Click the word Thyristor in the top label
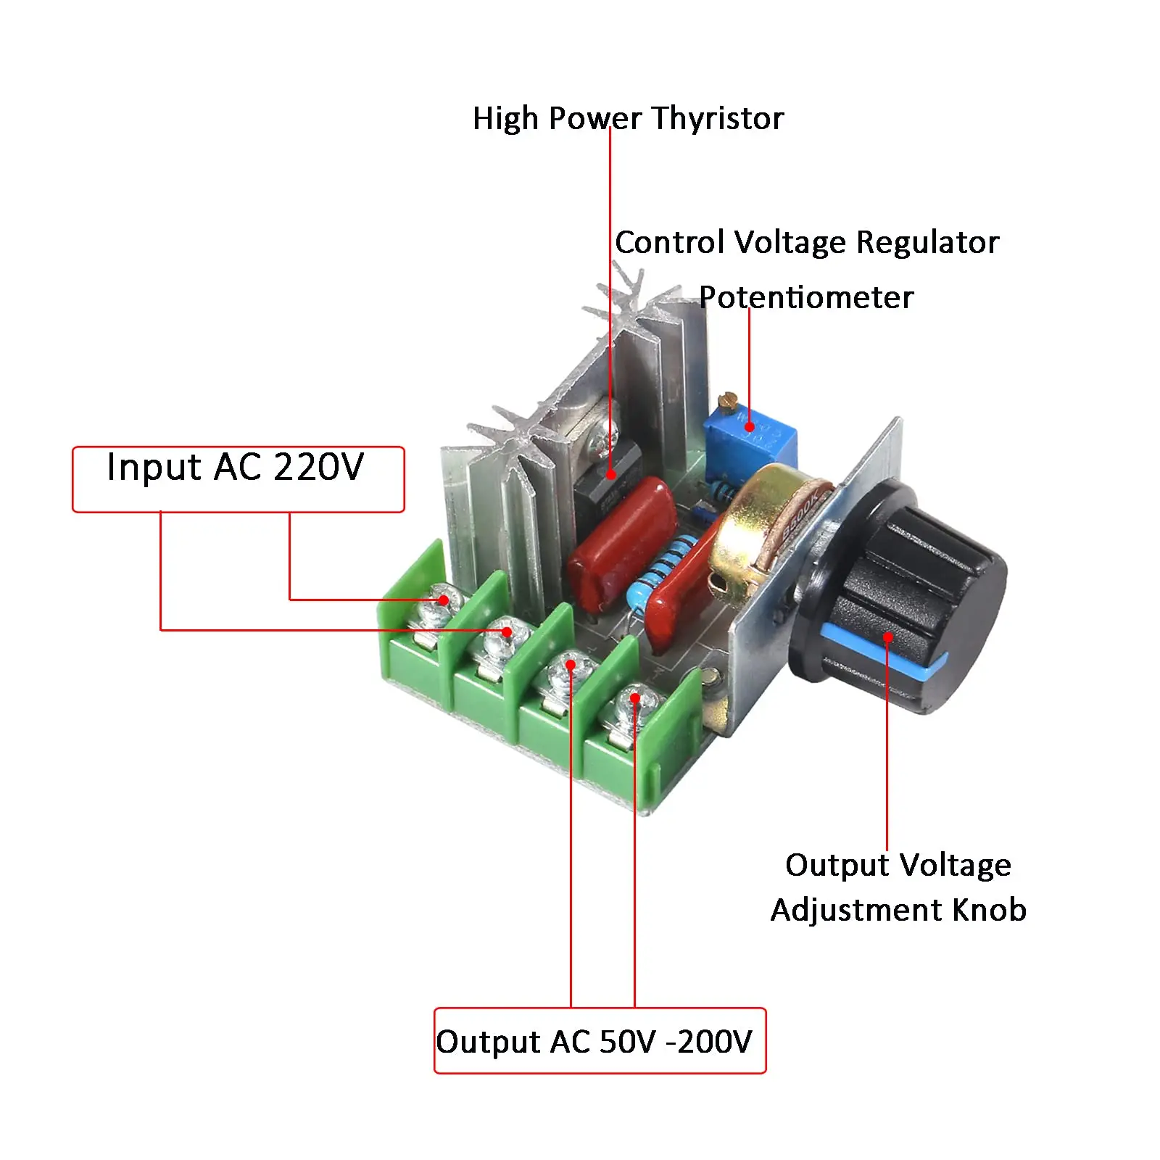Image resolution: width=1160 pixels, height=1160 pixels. (x=718, y=119)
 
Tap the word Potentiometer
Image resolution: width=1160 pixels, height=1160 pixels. (x=806, y=298)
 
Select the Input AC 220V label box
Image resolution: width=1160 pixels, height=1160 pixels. (x=238, y=479)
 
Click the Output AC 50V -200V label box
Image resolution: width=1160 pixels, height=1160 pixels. (x=600, y=1040)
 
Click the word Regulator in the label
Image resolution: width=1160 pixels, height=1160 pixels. (x=927, y=242)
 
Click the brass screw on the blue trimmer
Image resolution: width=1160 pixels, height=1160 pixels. (x=727, y=399)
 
